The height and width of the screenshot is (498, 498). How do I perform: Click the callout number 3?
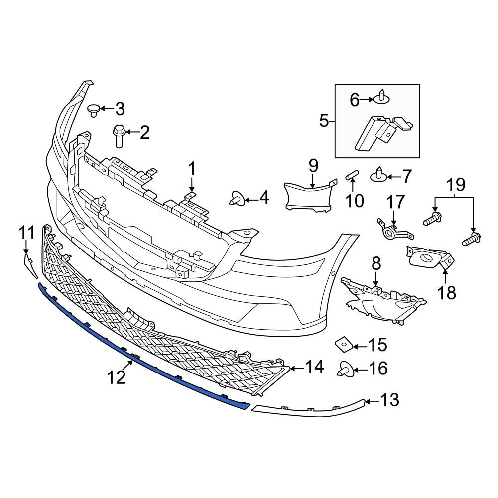(x=120, y=109)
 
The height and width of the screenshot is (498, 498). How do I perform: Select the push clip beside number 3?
(x=94, y=110)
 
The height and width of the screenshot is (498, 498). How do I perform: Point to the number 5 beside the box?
(x=324, y=121)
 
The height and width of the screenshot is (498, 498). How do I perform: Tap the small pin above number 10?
(x=352, y=175)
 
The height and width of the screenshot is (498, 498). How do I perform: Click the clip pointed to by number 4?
(x=237, y=198)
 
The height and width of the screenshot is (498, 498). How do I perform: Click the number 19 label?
(x=456, y=185)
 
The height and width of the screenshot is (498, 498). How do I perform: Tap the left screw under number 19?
(x=432, y=219)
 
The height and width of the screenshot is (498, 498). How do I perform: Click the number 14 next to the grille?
(x=314, y=367)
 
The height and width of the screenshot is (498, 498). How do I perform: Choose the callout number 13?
(x=389, y=400)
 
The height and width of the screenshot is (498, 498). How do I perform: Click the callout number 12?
(x=116, y=377)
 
